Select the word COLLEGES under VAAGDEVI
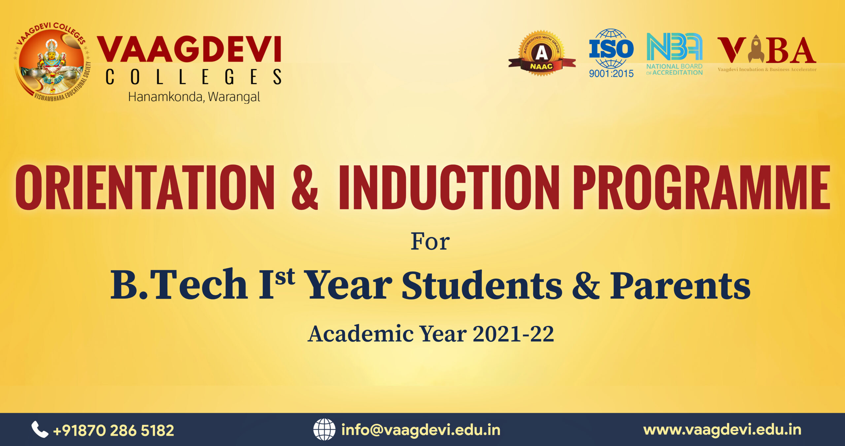click(x=193, y=77)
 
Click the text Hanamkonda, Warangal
click(x=194, y=97)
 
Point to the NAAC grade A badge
click(x=541, y=53)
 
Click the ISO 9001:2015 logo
click(x=611, y=53)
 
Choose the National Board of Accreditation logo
click(x=674, y=54)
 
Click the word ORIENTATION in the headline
click(x=145, y=187)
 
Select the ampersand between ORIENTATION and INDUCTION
click(x=305, y=187)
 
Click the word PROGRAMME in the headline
click(x=701, y=187)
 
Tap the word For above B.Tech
click(x=430, y=242)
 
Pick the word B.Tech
click(x=179, y=284)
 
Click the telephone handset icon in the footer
click(x=40, y=429)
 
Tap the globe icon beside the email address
click(x=324, y=429)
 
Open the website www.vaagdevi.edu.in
click(x=723, y=430)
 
